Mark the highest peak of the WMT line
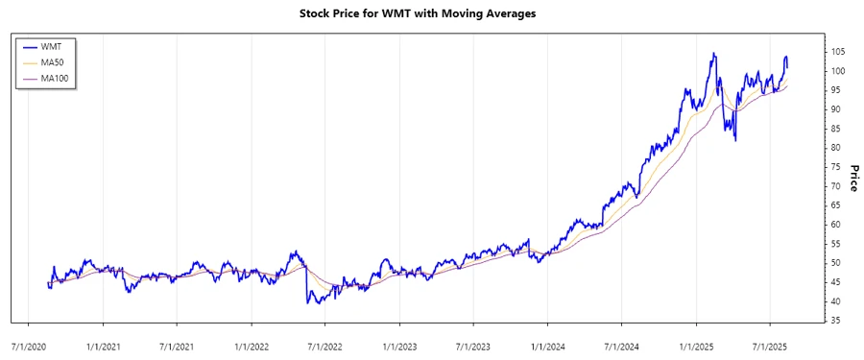[x=713, y=53]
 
